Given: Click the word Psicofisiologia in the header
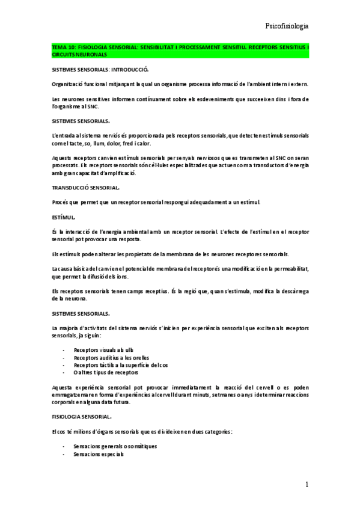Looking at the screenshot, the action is click(287, 26).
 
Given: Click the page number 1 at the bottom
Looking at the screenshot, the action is click(307, 485).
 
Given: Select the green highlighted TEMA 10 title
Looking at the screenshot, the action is click(180, 51).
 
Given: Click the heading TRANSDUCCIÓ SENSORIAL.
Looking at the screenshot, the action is click(86, 188).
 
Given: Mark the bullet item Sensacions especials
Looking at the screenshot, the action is click(99, 455).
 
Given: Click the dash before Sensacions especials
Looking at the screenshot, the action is click(64, 455).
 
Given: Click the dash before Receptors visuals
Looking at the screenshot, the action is click(64, 349).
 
